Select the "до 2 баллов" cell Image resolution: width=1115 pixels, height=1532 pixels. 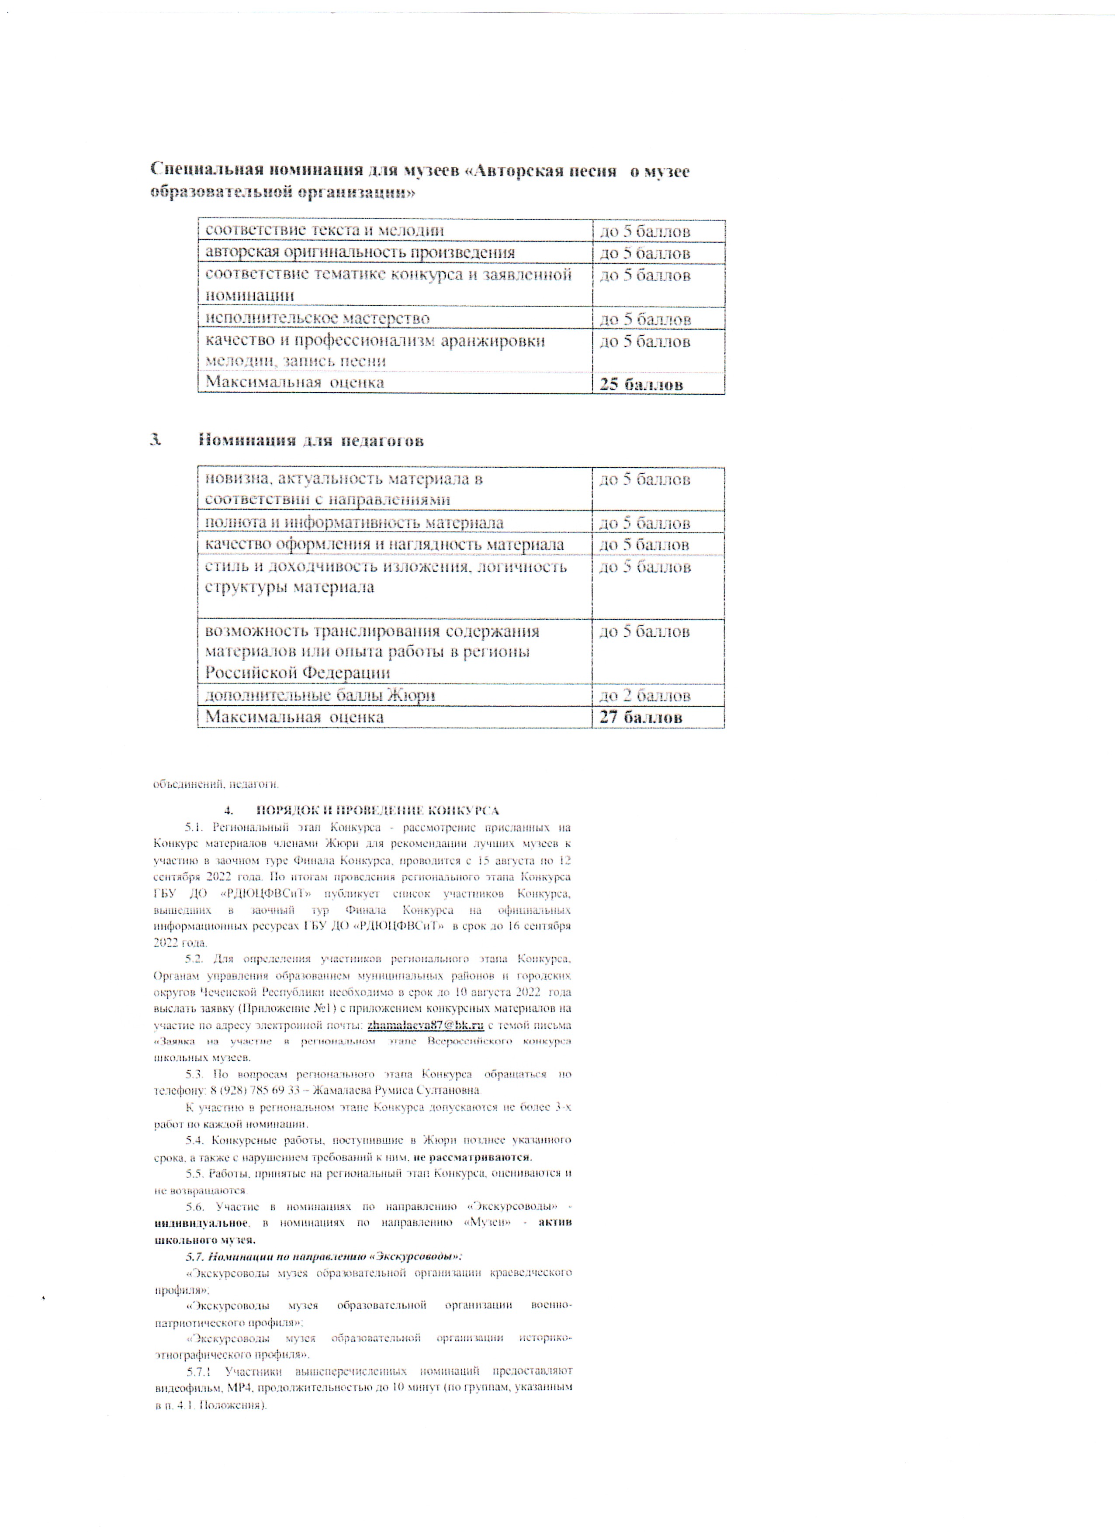click(645, 695)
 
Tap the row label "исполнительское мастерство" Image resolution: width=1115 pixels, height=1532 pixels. click(318, 318)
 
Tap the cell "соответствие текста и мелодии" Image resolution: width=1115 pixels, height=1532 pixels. click(324, 230)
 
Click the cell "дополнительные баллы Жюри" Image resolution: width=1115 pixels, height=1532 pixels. click(320, 695)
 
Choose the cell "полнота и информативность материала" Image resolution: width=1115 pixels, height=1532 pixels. click(354, 522)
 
